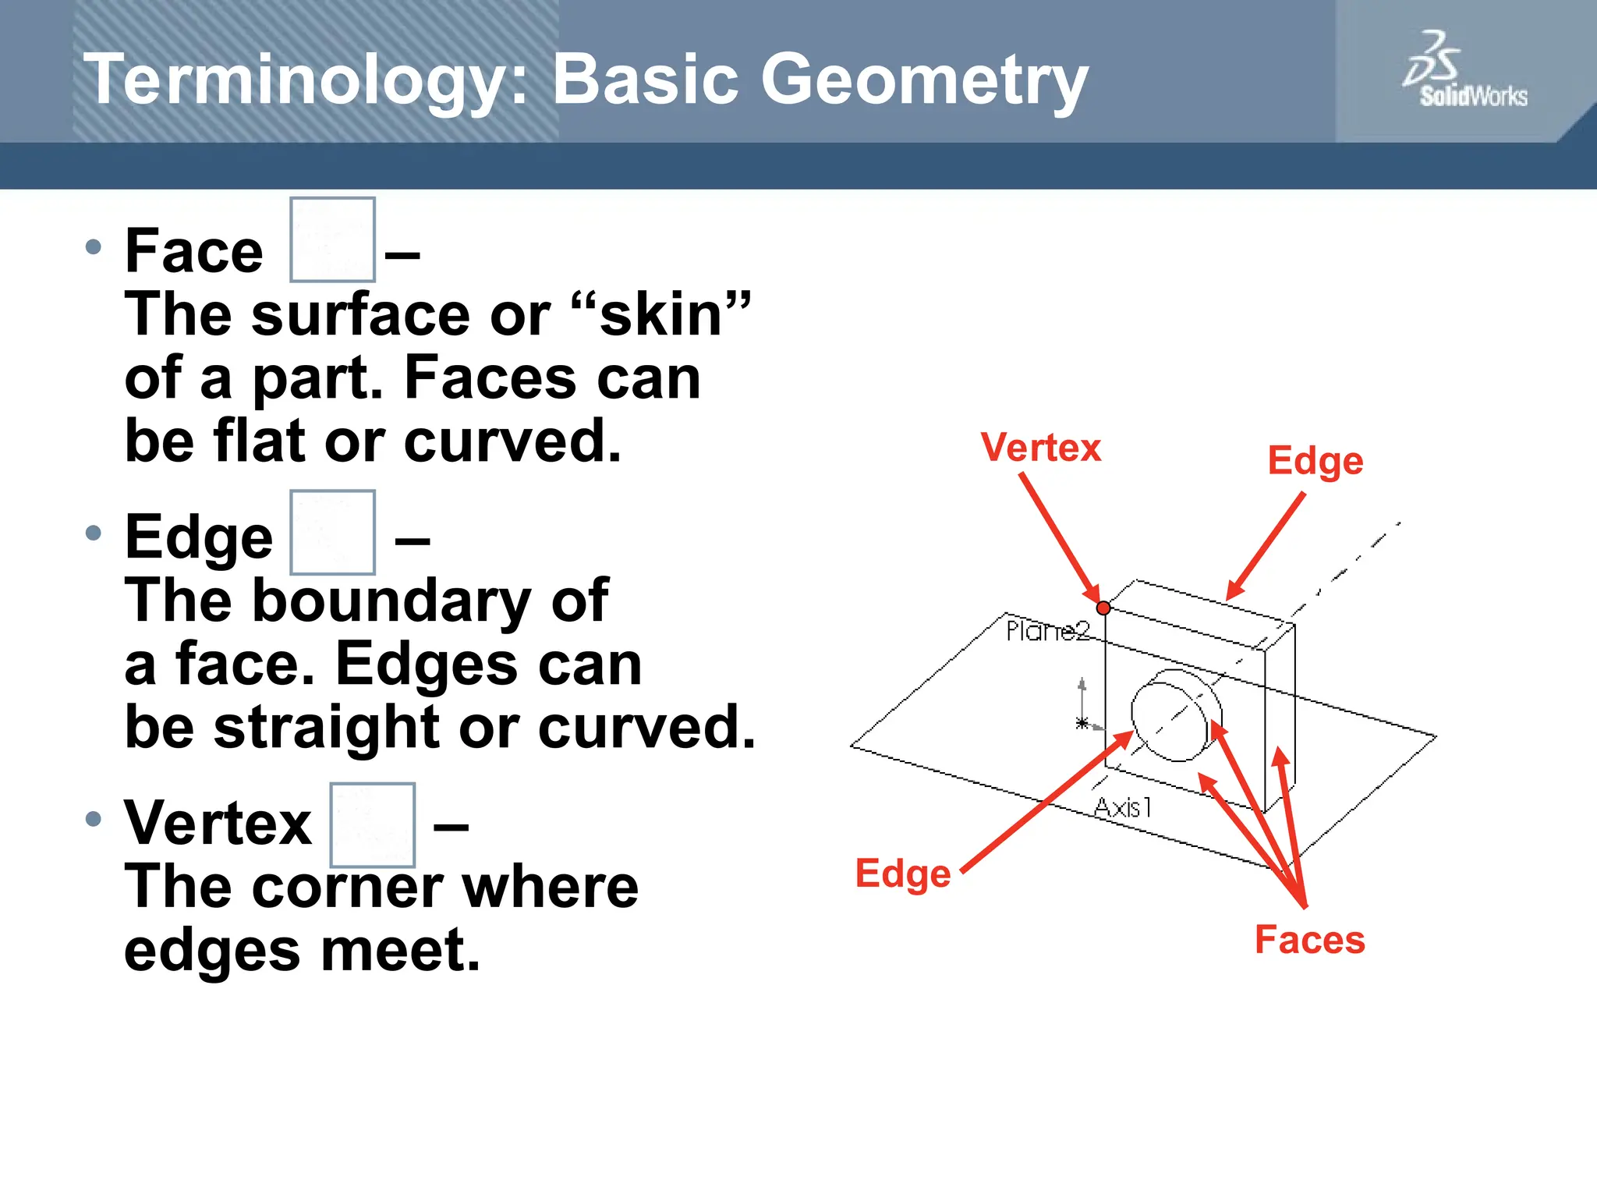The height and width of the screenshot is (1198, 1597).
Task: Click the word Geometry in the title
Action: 923,81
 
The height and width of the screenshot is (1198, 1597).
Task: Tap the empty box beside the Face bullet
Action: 332,239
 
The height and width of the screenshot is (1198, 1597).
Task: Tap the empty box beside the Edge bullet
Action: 332,533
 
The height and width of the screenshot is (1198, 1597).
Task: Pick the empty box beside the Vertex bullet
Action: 372,825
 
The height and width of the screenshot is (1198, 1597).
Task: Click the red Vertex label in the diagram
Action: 1040,448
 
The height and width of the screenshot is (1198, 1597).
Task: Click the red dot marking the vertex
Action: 1103,608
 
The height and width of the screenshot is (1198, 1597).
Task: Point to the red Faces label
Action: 1309,940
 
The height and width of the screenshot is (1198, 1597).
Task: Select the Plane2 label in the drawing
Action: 1046,631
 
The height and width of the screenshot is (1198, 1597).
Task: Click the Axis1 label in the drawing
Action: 1122,807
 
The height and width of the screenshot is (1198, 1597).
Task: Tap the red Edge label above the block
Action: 1315,461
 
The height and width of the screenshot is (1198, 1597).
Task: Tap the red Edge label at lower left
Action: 902,874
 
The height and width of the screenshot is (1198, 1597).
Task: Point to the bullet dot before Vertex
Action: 94,819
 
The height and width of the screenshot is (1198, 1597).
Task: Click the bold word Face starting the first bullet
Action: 193,251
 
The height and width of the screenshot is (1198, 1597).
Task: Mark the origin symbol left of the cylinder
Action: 1082,721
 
